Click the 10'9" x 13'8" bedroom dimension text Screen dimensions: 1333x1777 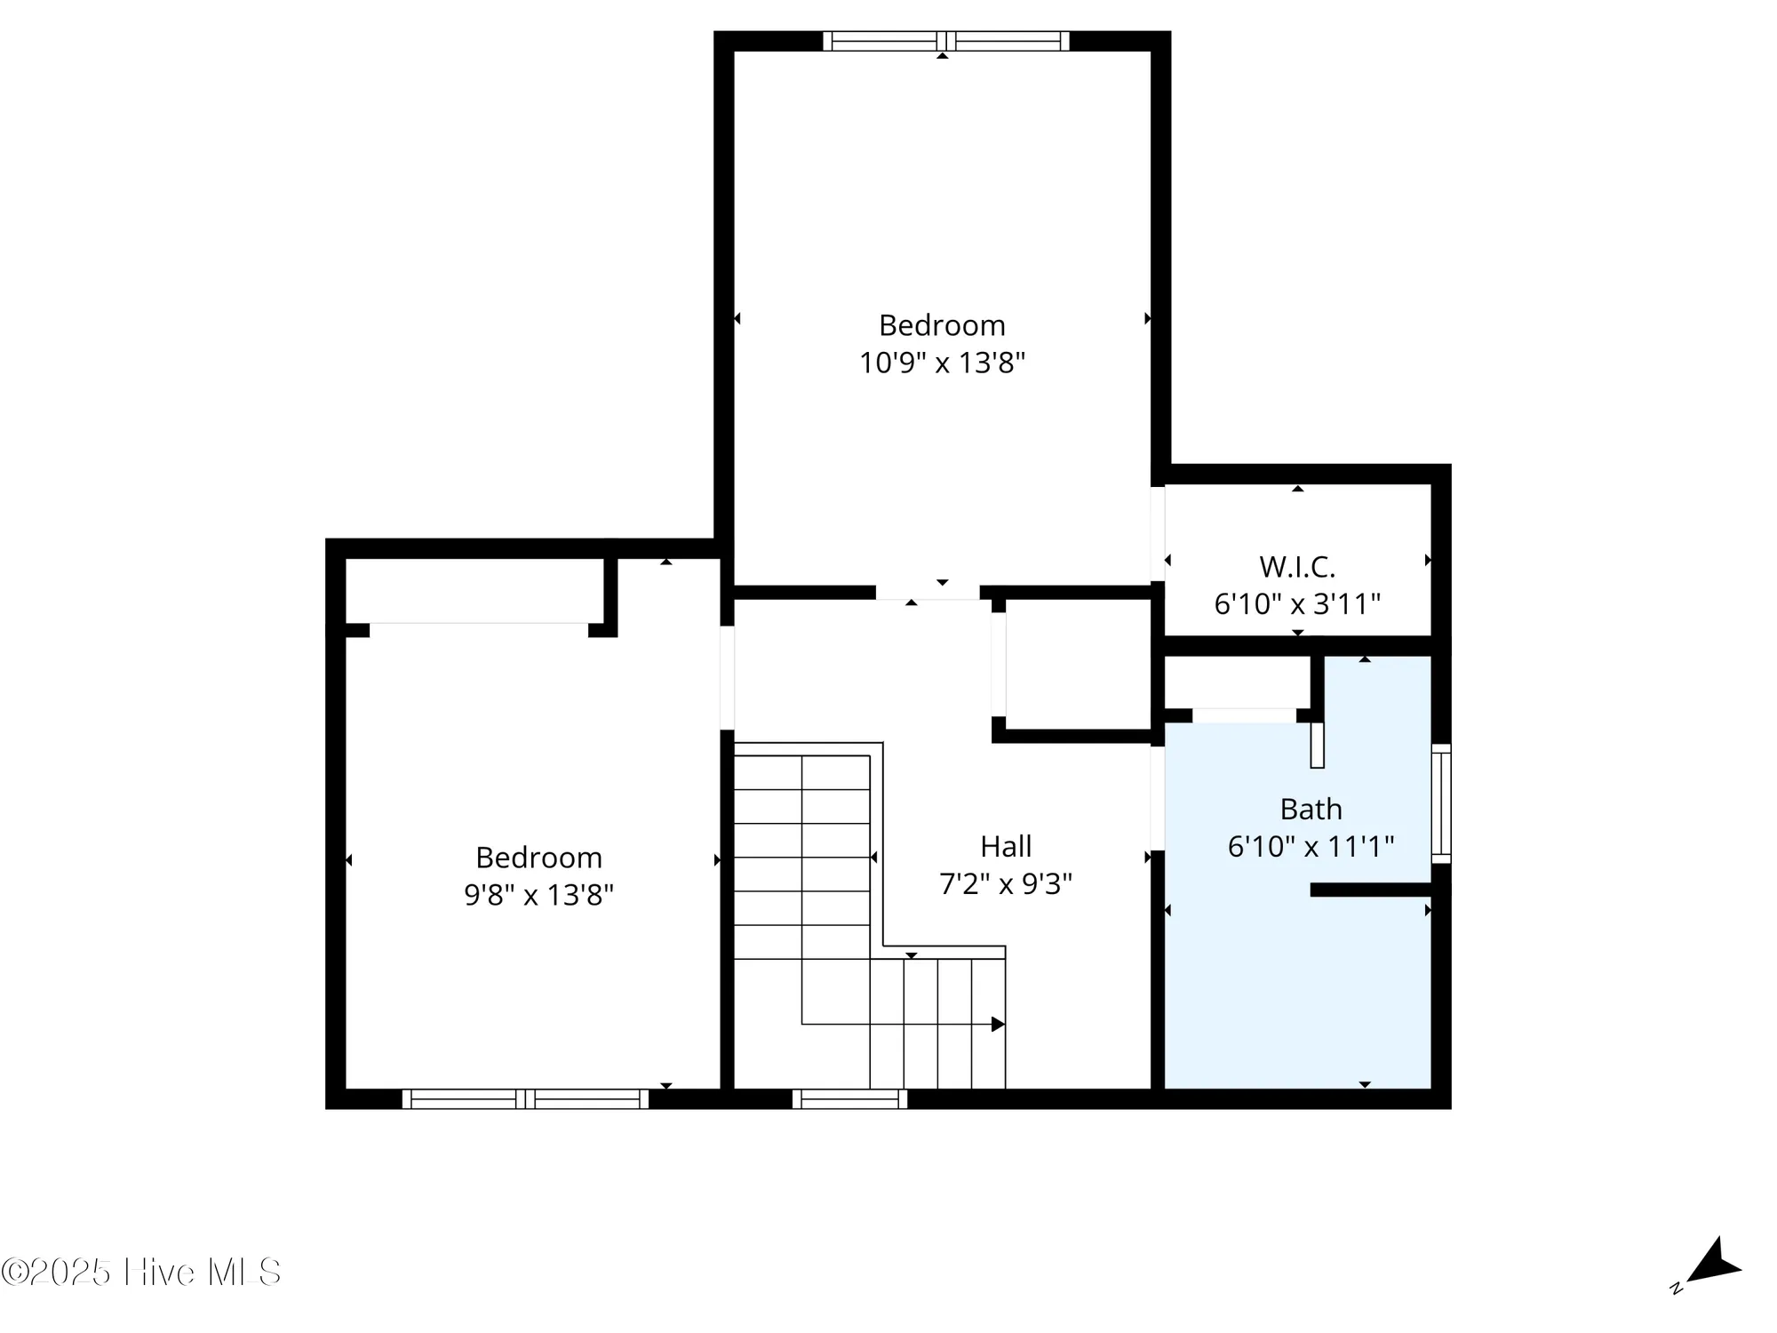click(942, 363)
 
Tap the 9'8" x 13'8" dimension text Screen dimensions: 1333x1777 click(538, 894)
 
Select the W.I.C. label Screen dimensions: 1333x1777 click(1296, 566)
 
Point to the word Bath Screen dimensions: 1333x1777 click(1311, 809)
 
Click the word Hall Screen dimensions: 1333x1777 click(1006, 846)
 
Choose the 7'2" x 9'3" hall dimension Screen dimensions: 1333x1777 click(1006, 883)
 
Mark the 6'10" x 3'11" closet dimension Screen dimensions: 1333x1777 click(1296, 604)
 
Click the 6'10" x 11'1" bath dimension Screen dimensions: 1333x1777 click(1311, 846)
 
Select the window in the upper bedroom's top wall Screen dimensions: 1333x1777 click(945, 41)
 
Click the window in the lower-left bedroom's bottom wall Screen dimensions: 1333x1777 click(525, 1099)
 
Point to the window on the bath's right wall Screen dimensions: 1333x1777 click(1441, 803)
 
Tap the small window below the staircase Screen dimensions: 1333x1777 click(849, 1099)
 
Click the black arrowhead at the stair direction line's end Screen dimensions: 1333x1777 click(998, 1025)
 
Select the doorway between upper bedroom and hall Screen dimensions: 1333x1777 click(928, 592)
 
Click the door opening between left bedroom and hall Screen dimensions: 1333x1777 click(727, 677)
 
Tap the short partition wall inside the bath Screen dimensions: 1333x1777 click(1370, 890)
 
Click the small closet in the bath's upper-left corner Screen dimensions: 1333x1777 click(1237, 682)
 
